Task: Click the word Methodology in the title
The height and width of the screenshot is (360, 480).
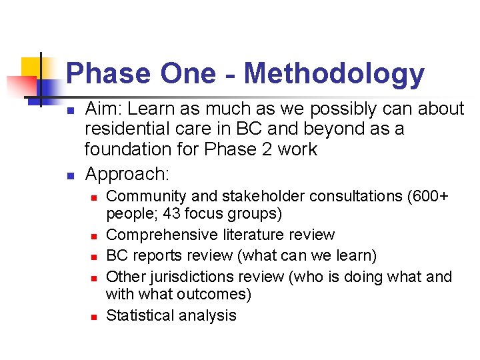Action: (x=333, y=74)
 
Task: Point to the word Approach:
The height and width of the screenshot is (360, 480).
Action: (x=127, y=175)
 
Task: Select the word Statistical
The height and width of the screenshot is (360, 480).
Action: (x=141, y=315)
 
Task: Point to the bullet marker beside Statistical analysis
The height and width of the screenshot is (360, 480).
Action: (x=94, y=316)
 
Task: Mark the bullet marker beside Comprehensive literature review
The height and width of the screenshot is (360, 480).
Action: (x=94, y=235)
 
